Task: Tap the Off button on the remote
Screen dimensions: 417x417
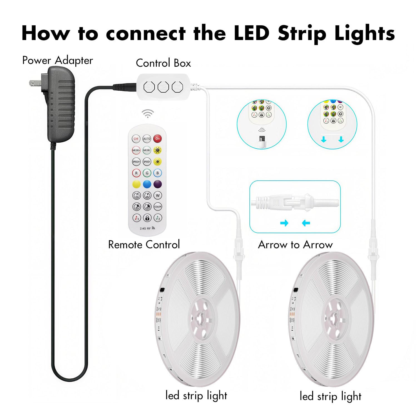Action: [x=136, y=138]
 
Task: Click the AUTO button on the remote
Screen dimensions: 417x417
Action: [x=147, y=138]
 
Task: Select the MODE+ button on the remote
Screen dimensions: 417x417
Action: [x=136, y=150]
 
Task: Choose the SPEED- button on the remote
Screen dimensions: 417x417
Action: [x=147, y=162]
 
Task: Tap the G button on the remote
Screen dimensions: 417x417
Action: [x=147, y=173]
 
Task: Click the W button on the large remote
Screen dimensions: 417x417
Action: [x=158, y=195]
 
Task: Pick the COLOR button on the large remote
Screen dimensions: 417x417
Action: [x=158, y=207]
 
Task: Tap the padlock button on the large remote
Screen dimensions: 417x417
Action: [x=147, y=218]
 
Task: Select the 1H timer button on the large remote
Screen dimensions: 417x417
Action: [x=136, y=195]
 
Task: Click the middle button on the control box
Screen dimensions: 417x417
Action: [x=163, y=87]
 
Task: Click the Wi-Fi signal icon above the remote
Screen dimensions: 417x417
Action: [x=148, y=113]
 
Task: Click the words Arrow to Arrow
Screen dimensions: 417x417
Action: [x=295, y=245]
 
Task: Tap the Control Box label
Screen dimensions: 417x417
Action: [x=163, y=63]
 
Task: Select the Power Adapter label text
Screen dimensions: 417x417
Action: [x=58, y=60]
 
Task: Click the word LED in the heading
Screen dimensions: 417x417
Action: [x=252, y=33]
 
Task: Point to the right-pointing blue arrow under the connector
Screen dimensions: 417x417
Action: [x=284, y=223]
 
